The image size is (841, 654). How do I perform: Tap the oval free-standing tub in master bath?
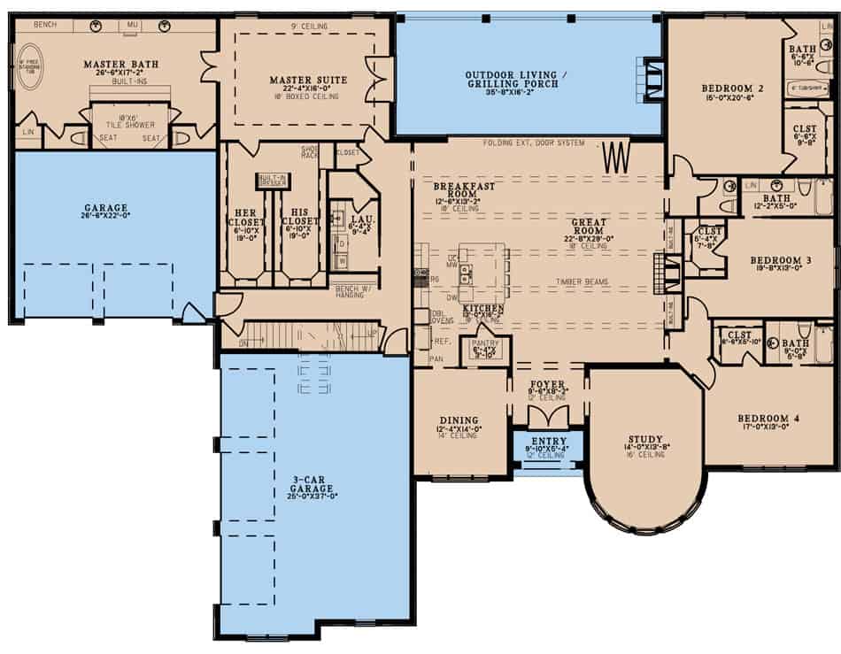pyautogui.click(x=30, y=69)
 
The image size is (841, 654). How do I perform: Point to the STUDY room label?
pyautogui.click(x=645, y=438)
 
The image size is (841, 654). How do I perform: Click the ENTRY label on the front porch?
pyautogui.click(x=549, y=441)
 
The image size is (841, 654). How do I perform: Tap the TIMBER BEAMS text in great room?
pyautogui.click(x=580, y=282)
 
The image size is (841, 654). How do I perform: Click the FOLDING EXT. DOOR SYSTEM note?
pyautogui.click(x=534, y=143)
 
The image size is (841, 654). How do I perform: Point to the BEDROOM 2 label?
pyautogui.click(x=732, y=88)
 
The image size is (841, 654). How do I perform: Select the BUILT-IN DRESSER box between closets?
pyautogui.click(x=273, y=180)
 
